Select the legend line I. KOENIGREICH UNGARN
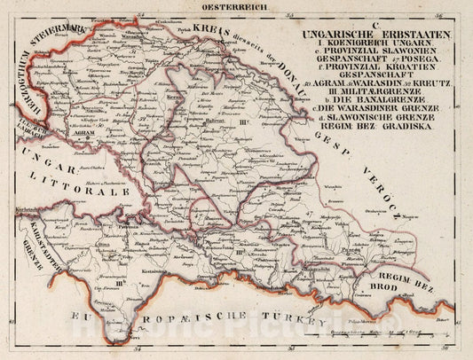(376, 43)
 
